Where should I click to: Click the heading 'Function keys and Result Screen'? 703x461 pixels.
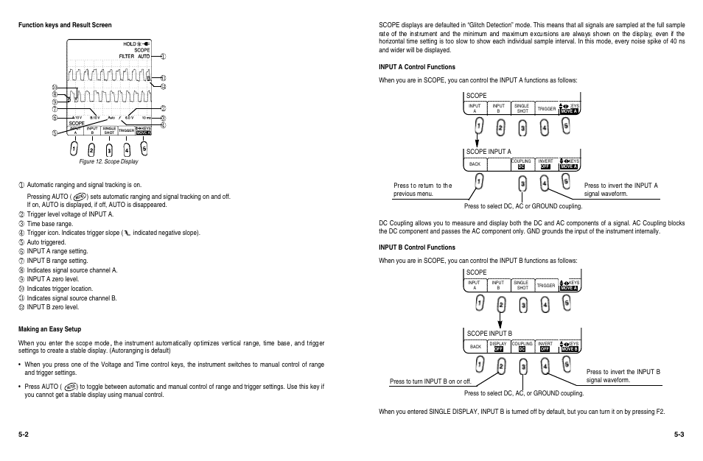coord(65,25)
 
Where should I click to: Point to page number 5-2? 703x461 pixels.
coord(24,435)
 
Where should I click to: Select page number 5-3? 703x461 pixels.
coord(679,435)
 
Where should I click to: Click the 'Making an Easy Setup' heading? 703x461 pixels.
coord(49,328)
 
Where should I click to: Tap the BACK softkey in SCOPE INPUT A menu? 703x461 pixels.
coord(475,163)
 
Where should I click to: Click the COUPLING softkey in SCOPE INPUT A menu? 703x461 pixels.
coord(522,163)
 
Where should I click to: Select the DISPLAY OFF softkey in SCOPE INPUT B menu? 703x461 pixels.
coord(499,345)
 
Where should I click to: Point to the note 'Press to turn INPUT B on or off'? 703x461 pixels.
coord(430,381)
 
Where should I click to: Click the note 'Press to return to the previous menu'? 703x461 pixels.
coord(423,190)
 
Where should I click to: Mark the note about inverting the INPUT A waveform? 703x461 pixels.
coord(620,190)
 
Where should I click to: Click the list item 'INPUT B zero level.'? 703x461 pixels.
coord(52,307)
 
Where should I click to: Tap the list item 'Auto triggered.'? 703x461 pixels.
coord(46,242)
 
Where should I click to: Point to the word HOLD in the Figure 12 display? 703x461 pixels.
coord(130,44)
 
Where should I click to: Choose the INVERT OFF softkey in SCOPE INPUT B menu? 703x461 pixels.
coord(545,345)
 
